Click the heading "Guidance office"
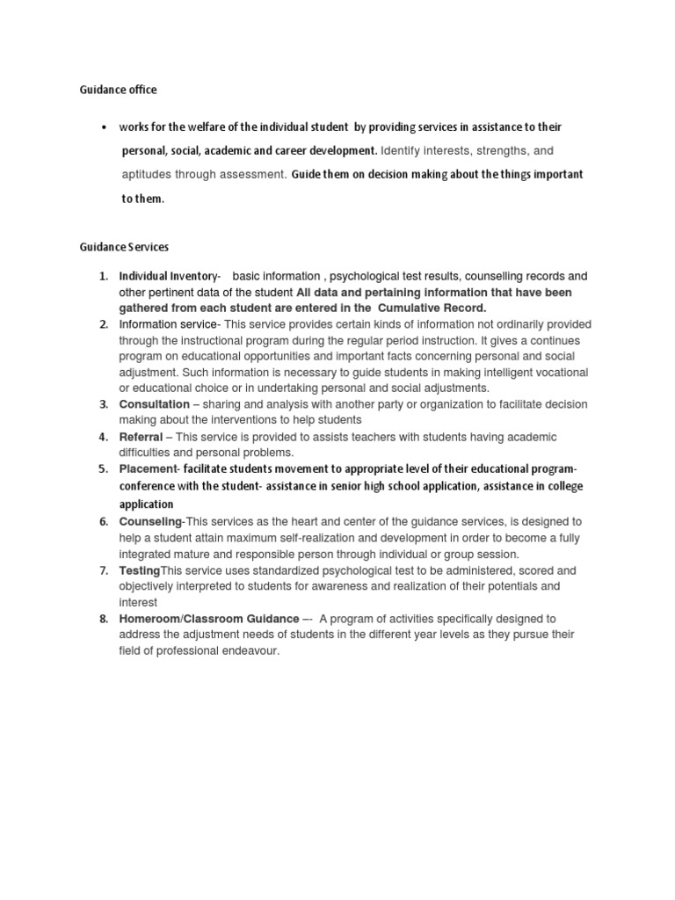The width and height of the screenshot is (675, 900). click(119, 90)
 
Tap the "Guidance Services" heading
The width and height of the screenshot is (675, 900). click(124, 249)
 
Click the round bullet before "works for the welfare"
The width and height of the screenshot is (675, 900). click(105, 128)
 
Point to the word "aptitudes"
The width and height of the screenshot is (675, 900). click(146, 174)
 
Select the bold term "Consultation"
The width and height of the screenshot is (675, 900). click(154, 404)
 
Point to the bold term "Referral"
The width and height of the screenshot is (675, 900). click(141, 437)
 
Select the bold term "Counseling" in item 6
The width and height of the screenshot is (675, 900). click(151, 522)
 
